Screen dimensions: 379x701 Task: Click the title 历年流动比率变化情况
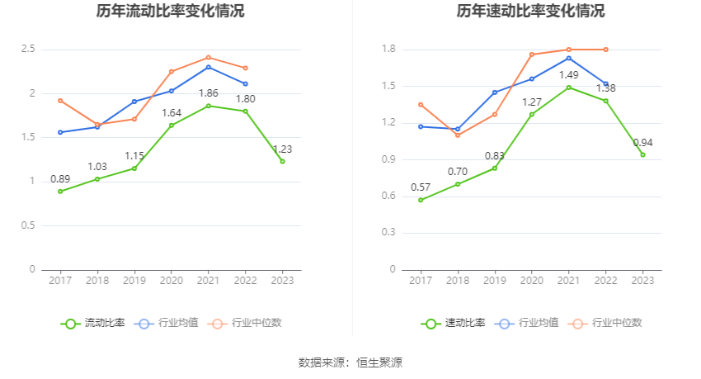click(x=170, y=12)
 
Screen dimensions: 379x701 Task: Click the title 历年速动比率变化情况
click(x=530, y=12)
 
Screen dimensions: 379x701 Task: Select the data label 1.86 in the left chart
click(x=208, y=93)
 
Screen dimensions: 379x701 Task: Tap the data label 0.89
click(x=60, y=179)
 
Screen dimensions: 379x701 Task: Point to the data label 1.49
click(x=569, y=75)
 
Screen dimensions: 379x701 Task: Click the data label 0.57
click(x=421, y=187)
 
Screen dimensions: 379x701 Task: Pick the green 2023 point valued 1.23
click(x=282, y=161)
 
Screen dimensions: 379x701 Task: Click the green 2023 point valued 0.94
click(x=642, y=154)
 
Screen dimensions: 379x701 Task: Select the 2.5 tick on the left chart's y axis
click(x=28, y=50)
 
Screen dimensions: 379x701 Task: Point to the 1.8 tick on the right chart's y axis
click(x=388, y=50)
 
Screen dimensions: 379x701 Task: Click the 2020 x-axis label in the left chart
click(x=171, y=281)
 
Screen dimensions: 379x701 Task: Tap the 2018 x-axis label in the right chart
click(x=457, y=281)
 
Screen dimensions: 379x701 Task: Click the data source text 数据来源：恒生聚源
click(x=350, y=362)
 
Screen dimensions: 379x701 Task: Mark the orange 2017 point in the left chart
click(x=60, y=101)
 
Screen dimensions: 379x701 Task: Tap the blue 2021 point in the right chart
click(x=569, y=58)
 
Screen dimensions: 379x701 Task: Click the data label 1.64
click(x=171, y=113)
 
